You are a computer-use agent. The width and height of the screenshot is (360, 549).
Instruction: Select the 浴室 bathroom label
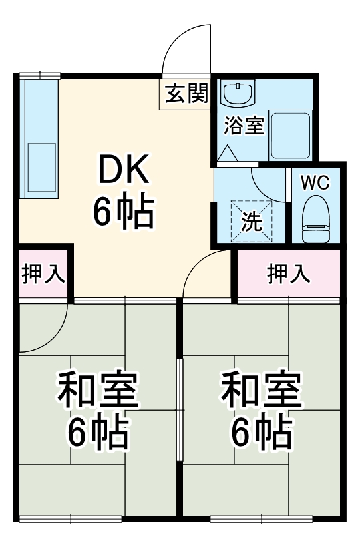[244, 126]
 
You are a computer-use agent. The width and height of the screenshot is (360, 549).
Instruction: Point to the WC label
[315, 184]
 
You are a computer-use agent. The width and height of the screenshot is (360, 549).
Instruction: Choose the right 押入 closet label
[289, 274]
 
